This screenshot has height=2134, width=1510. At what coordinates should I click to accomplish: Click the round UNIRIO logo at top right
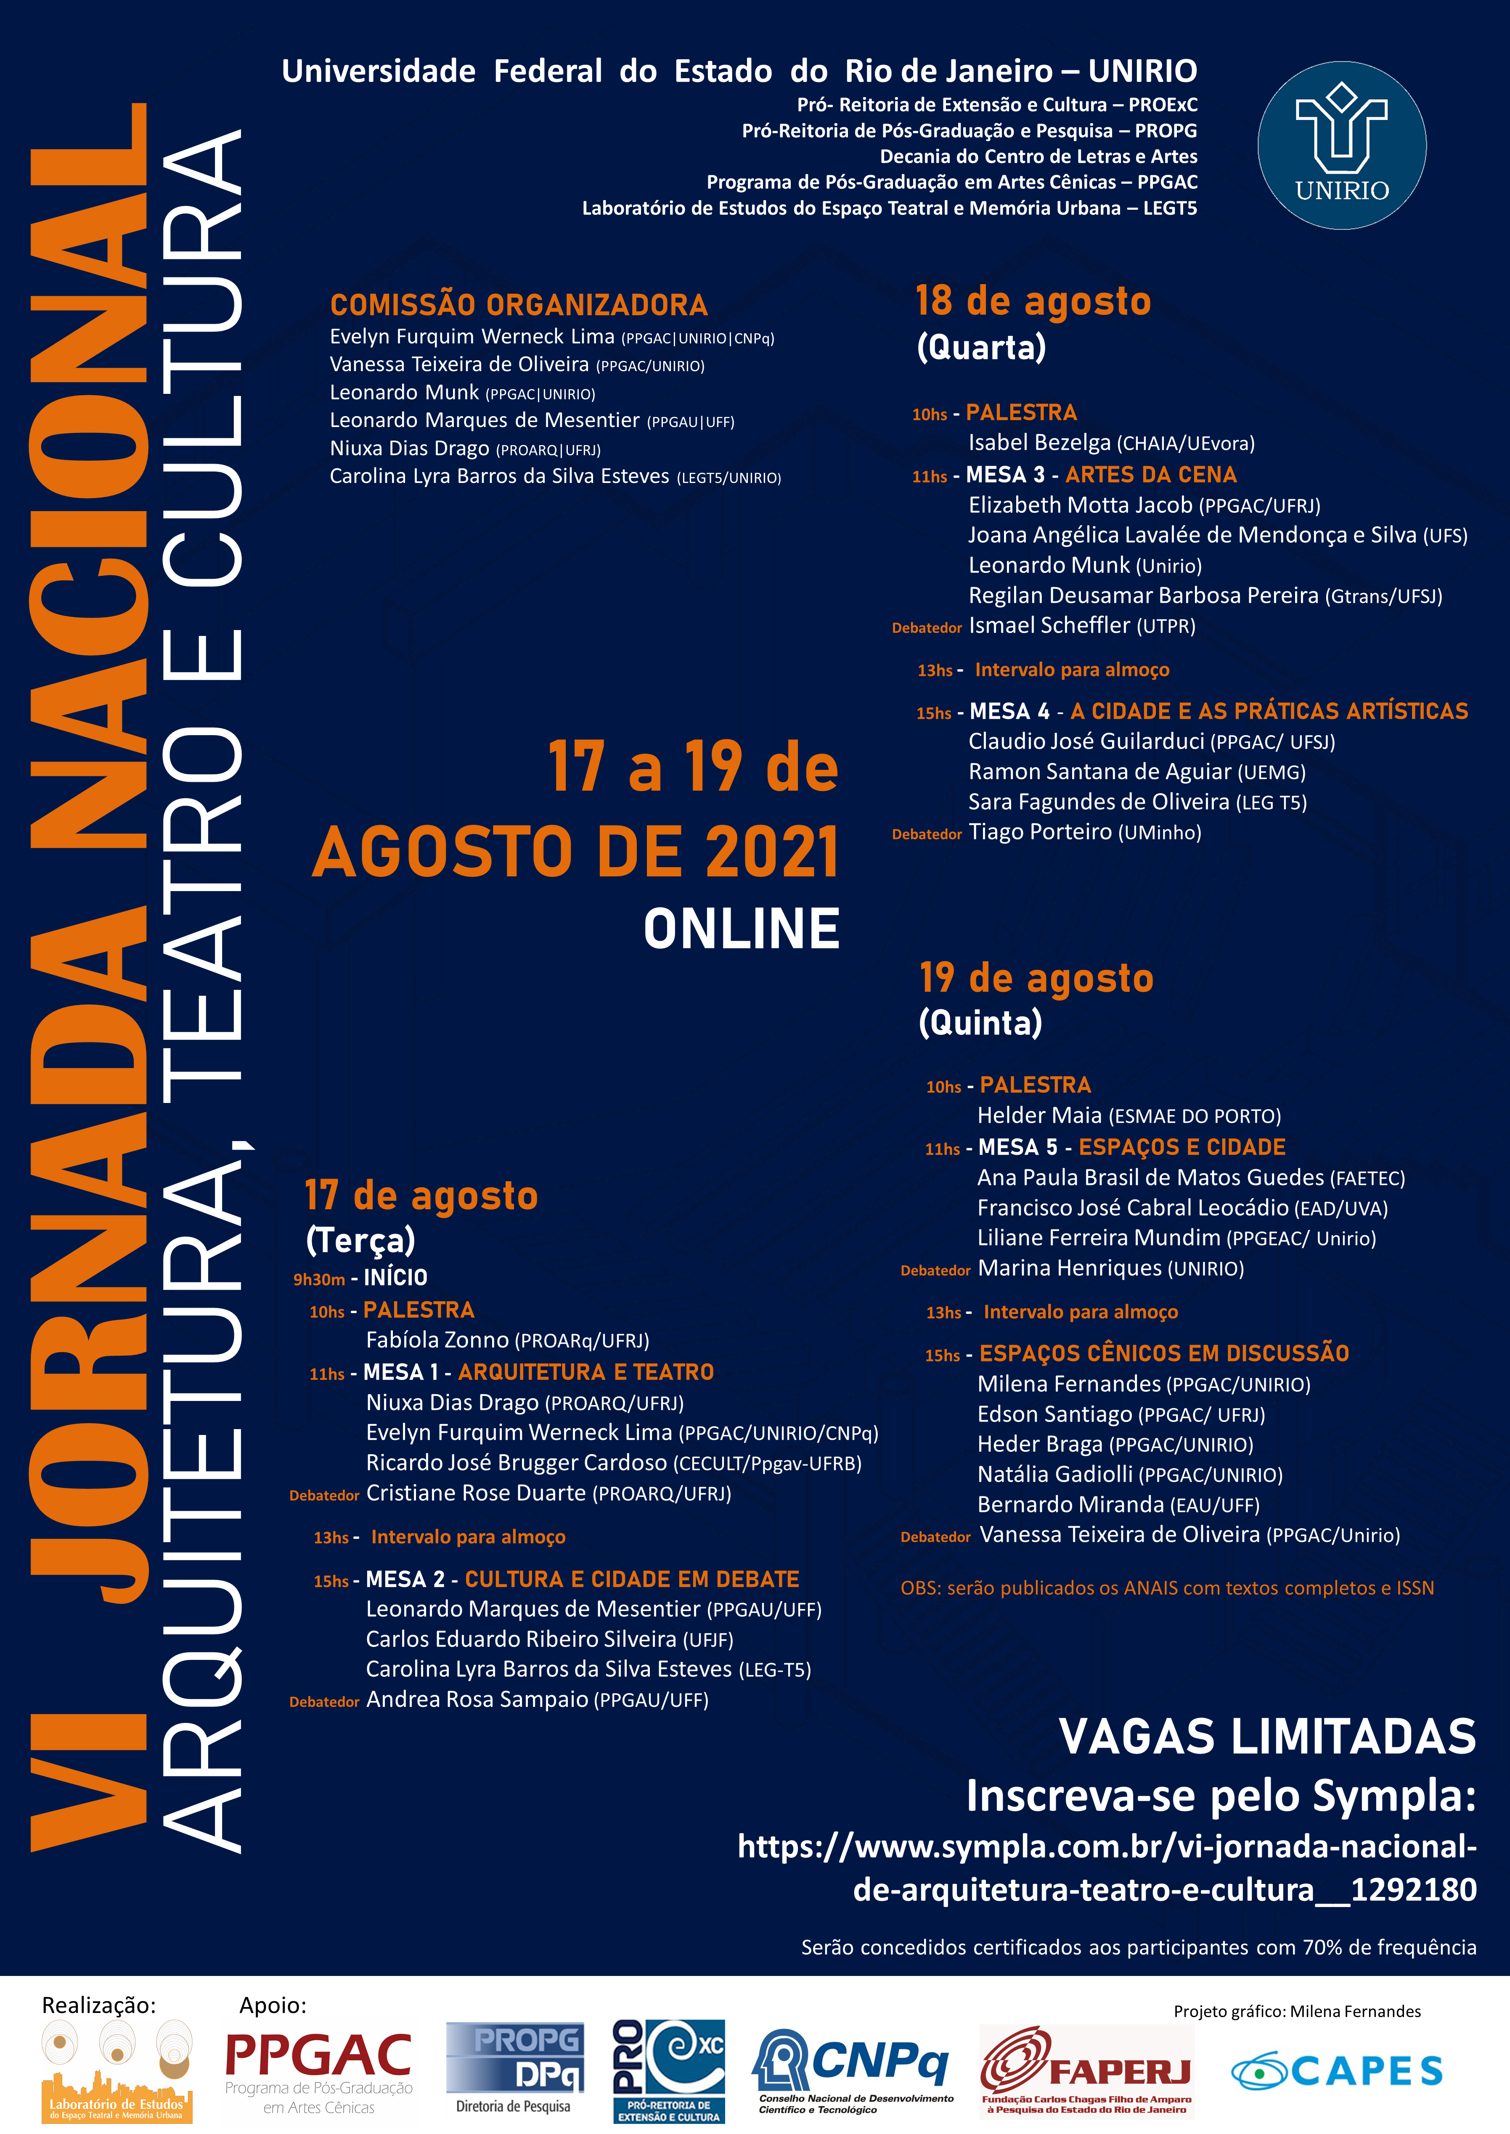(1342, 146)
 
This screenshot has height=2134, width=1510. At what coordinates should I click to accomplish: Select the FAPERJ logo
(1086, 2069)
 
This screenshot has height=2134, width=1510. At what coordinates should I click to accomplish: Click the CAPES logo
(1337, 2071)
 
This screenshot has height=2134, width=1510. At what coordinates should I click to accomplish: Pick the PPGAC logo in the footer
(318, 2069)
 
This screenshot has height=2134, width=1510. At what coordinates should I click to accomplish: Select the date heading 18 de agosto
(1033, 301)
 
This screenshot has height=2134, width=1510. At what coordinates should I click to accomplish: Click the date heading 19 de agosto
(1036, 978)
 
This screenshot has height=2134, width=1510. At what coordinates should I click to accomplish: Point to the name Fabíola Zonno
(437, 1339)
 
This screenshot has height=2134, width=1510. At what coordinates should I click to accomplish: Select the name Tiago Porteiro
(1039, 832)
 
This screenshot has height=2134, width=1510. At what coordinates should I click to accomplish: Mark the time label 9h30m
(319, 1279)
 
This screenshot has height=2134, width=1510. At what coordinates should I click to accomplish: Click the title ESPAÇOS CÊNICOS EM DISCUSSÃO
(1164, 1353)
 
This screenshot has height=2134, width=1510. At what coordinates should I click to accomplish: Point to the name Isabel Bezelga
(1039, 443)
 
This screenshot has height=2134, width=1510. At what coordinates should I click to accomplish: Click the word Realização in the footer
(98, 2005)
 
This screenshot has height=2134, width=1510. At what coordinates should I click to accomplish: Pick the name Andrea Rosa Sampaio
(477, 1699)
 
